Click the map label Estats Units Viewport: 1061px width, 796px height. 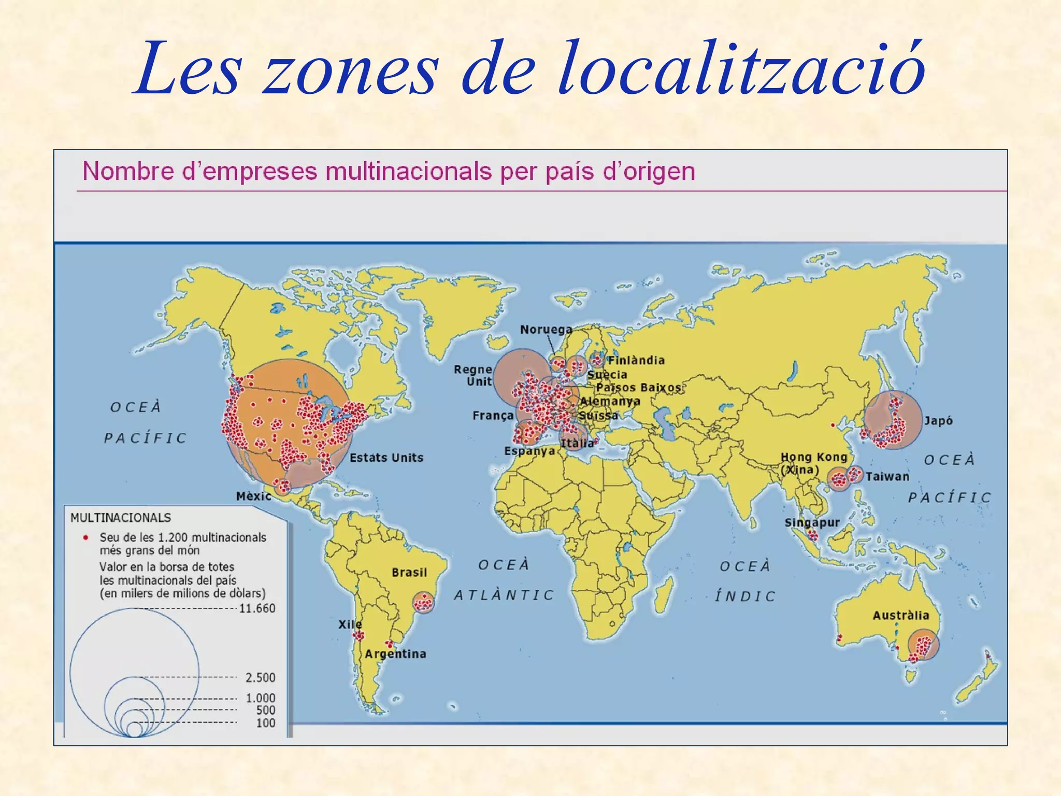click(386, 458)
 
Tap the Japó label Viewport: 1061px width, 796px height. click(938, 421)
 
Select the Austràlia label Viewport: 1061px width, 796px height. click(901, 615)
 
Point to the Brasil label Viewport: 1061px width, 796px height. click(409, 572)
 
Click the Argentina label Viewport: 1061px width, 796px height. click(395, 654)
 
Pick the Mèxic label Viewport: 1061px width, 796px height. click(253, 496)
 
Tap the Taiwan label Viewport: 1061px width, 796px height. click(887, 477)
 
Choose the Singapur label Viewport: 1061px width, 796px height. click(812, 522)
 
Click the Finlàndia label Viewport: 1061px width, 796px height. click(636, 360)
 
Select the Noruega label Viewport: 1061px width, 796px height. click(546, 330)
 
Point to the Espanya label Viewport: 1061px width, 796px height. click(529, 451)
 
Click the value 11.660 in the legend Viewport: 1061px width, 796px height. click(257, 608)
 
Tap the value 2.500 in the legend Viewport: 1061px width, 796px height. click(260, 677)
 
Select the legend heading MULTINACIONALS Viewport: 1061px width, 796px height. click(120, 518)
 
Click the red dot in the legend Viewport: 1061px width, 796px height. click(85, 537)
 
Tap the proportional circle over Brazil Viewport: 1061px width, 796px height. click(423, 603)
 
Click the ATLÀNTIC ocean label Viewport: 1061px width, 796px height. click(504, 595)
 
